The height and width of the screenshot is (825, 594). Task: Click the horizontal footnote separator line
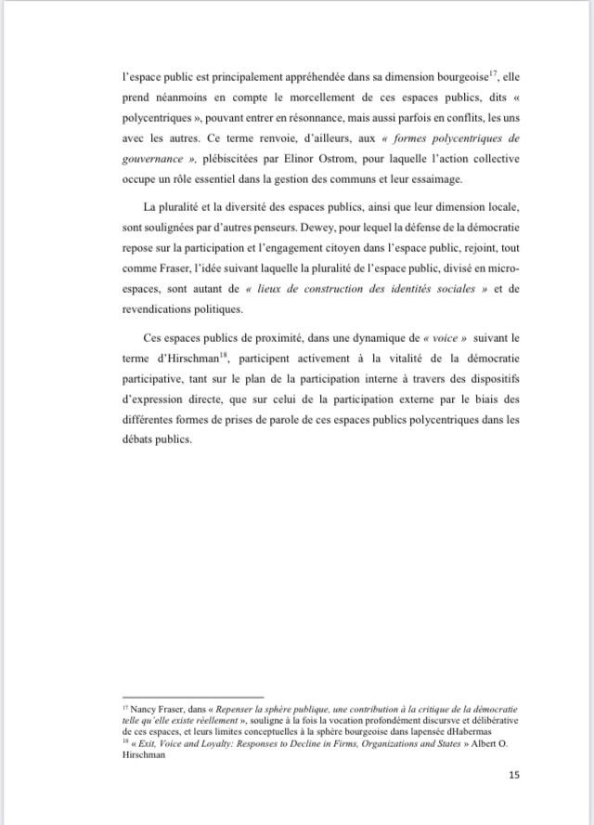coord(192,697)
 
